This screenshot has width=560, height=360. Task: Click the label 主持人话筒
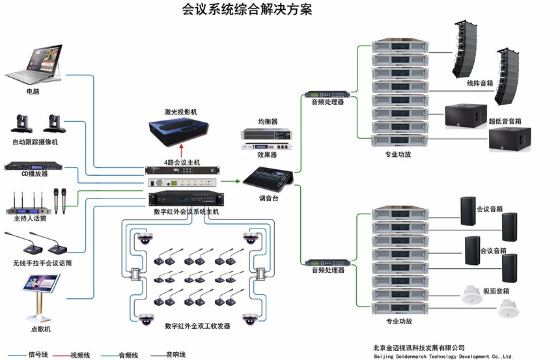tap(30, 218)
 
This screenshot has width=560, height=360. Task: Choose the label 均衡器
tap(268, 122)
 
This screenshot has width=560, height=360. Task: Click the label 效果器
tap(267, 155)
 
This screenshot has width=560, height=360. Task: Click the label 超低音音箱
tap(505, 121)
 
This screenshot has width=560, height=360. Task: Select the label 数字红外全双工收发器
tap(197, 325)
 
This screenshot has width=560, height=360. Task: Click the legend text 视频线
tap(80, 355)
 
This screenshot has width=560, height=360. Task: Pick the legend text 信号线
tap(38, 354)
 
